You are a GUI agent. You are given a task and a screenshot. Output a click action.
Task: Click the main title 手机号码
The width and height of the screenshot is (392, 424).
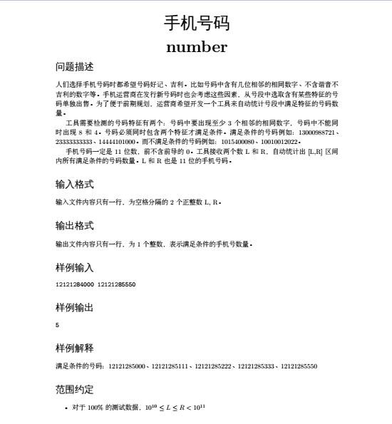coord(196,24)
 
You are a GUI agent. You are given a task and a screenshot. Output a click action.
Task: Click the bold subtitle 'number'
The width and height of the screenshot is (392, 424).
coord(196,48)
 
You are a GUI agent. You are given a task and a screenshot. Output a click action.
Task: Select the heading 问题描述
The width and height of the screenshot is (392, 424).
coord(74,67)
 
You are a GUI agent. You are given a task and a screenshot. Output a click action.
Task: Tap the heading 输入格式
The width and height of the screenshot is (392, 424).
coord(74,185)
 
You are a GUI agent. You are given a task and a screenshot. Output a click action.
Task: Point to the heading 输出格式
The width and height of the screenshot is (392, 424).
coord(74,226)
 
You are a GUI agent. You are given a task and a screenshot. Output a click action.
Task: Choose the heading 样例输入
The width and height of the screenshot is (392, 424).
coord(74,267)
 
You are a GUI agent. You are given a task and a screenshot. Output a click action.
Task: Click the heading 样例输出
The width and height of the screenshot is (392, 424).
coord(74,308)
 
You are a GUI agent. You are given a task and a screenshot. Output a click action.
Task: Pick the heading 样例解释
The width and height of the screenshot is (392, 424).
coord(74,348)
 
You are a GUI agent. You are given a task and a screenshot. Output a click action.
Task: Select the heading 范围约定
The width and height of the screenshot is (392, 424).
coord(74,390)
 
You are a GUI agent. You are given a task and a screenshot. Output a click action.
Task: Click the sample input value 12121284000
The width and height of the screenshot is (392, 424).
coord(74,284)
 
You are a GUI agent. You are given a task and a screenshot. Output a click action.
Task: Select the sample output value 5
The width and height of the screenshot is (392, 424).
coord(57,325)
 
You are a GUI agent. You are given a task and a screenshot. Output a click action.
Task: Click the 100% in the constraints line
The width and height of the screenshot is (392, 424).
coord(96,408)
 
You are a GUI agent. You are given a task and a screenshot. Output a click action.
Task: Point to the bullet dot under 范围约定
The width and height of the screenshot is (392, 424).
coord(66,408)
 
